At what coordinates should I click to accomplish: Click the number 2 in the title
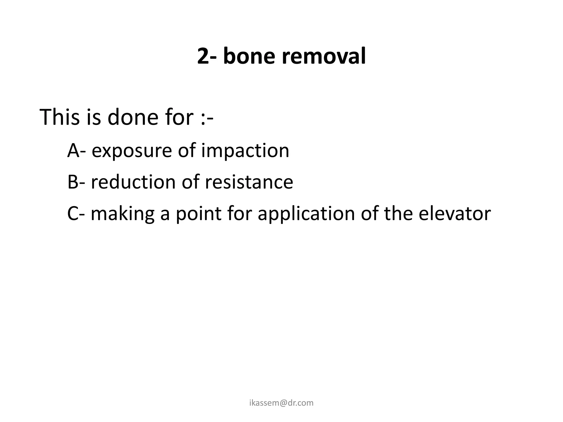pyautogui.click(x=203, y=56)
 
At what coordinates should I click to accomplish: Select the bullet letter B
pyautogui.click(x=73, y=182)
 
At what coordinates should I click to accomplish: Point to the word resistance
pyautogui.click(x=249, y=182)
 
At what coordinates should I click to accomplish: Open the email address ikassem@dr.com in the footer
pyautogui.click(x=281, y=403)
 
